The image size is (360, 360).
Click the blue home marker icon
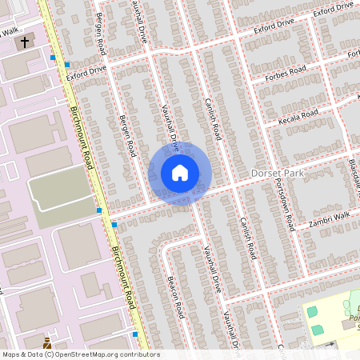179,173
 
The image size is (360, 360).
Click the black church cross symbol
25,41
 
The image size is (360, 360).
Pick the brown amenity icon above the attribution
49,342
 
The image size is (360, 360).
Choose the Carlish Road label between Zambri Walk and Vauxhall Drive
246,237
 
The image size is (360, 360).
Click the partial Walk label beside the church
9,31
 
